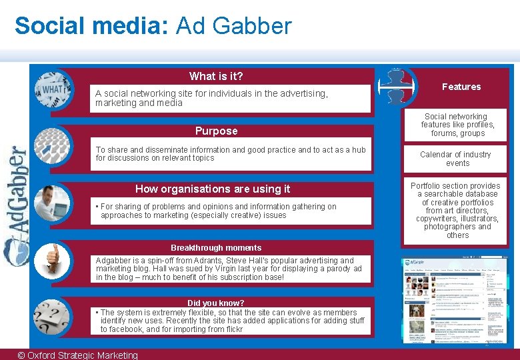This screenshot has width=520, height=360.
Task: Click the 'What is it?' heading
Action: click(x=216, y=76)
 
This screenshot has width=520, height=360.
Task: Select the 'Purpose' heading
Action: click(x=216, y=131)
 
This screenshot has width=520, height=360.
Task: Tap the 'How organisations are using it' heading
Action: click(x=213, y=189)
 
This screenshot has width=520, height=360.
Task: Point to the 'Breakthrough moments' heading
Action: click(x=216, y=247)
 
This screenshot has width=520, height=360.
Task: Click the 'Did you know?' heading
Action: click(x=216, y=303)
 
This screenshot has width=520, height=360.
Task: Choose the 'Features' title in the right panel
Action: click(x=461, y=87)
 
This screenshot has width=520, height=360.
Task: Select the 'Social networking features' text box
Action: click(x=458, y=125)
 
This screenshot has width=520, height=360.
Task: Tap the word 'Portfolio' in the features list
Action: click(x=426, y=186)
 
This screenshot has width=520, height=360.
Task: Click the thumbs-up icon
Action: click(x=52, y=257)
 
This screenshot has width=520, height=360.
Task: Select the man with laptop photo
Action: click(x=52, y=202)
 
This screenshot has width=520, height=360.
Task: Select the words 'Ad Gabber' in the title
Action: click(x=233, y=26)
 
